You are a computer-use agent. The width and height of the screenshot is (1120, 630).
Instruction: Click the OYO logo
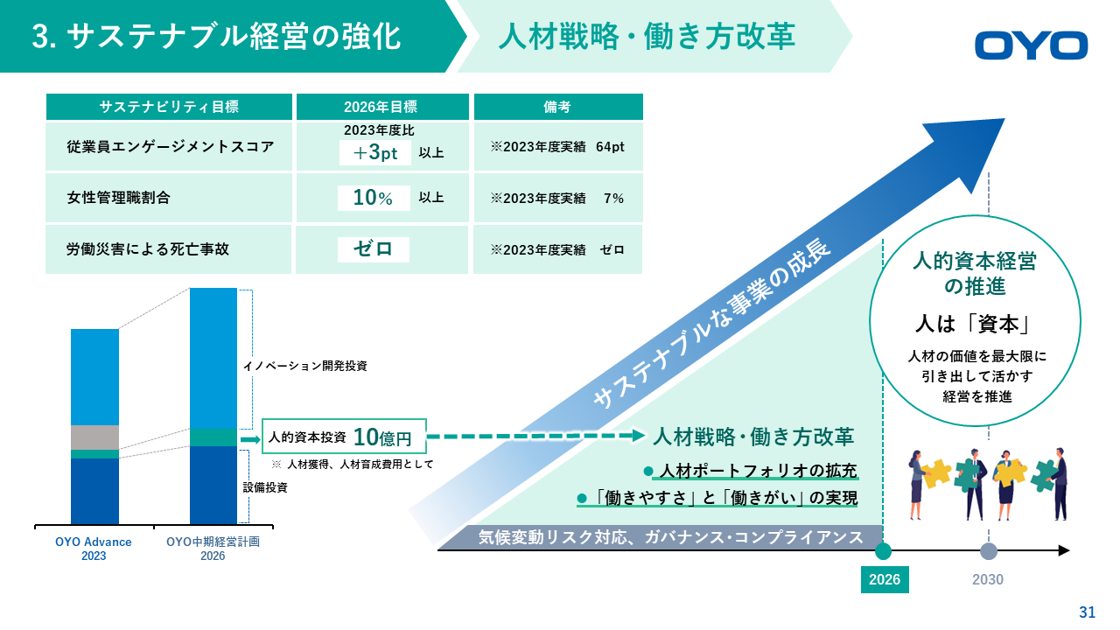pyautogui.click(x=1031, y=45)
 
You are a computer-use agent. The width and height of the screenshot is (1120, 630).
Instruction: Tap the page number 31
pyautogui.click(x=1087, y=612)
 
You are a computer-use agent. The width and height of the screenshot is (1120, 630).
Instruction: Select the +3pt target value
pyautogui.click(x=375, y=152)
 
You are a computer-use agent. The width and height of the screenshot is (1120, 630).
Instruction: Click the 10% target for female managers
pyautogui.click(x=374, y=198)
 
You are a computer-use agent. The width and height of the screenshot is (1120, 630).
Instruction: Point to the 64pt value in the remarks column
pyautogui.click(x=610, y=147)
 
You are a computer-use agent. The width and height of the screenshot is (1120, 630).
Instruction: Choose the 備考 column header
pyautogui.click(x=558, y=107)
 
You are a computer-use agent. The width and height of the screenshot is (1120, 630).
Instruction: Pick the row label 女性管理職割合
pyautogui.click(x=118, y=198)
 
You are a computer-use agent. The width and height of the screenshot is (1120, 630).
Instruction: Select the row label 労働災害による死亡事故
pyautogui.click(x=148, y=249)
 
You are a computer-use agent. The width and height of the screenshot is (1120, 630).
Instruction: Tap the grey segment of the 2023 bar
pyautogui.click(x=95, y=437)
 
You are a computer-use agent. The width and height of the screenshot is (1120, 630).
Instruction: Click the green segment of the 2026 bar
pyautogui.click(x=213, y=437)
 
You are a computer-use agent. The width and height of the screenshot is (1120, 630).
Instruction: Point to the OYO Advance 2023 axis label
pyautogui.click(x=94, y=549)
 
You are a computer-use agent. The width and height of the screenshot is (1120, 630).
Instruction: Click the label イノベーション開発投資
pyautogui.click(x=305, y=366)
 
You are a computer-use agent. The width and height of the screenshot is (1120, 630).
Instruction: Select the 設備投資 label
pyautogui.click(x=265, y=487)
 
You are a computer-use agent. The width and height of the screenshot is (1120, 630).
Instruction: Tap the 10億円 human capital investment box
pyautogui.click(x=344, y=437)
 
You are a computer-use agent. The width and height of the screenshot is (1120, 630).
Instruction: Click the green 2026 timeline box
pyautogui.click(x=885, y=579)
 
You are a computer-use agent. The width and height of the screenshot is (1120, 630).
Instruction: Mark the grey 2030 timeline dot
pyautogui.click(x=988, y=551)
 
